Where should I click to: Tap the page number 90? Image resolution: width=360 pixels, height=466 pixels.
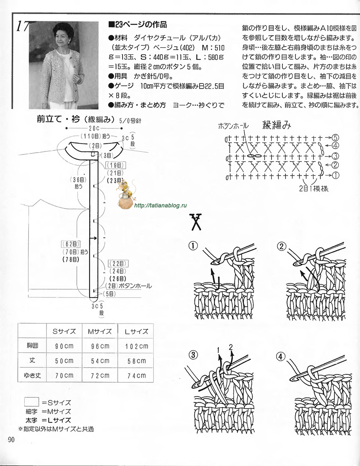(x=10, y=440)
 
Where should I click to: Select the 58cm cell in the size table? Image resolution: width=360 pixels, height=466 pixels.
(x=136, y=361)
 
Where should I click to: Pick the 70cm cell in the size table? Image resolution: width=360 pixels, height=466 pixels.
(x=64, y=375)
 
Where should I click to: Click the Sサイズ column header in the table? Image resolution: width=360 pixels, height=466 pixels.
(x=64, y=332)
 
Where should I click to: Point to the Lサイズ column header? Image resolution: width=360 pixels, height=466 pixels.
(x=136, y=332)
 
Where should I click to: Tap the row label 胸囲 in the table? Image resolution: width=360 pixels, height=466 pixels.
(x=32, y=346)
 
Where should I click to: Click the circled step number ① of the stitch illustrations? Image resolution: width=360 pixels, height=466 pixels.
(x=193, y=245)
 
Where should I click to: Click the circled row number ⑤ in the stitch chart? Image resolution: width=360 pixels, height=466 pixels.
(x=335, y=137)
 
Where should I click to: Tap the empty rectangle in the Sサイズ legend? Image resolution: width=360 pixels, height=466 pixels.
(x=31, y=402)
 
